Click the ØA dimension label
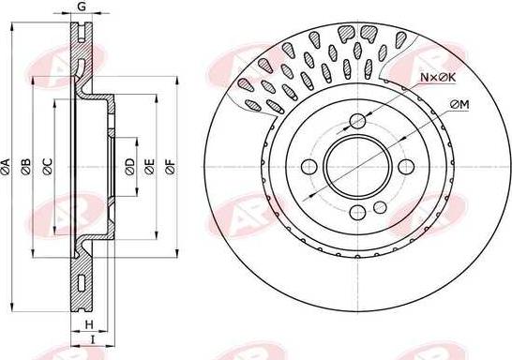[6, 167]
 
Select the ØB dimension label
[26, 167]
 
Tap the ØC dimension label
[47, 167]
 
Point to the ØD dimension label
[130, 167]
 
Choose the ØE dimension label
[149, 167]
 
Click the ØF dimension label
[170, 167]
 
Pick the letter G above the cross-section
[82, 7]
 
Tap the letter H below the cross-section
[89, 324]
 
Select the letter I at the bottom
[93, 339]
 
